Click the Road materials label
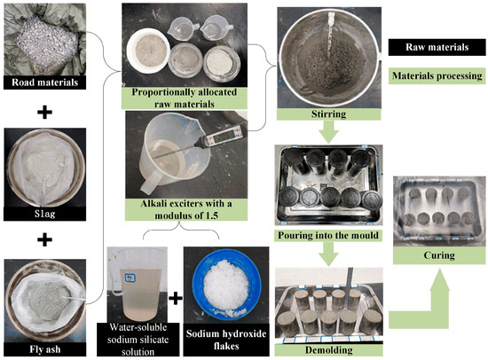coord(45,82)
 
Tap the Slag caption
coord(45,214)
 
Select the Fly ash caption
coord(45,349)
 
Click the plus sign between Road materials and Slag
coord(45,113)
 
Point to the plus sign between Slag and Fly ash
coord(45,240)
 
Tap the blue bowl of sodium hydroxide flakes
coord(226,285)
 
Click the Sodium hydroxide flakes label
coord(226,340)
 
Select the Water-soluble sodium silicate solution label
coord(138,340)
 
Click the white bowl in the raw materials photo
coord(148,51)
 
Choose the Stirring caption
coord(328,114)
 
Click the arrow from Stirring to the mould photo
coord(328,132)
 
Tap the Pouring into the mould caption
coord(328,235)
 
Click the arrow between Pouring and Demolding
coord(328,254)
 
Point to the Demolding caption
coord(328,350)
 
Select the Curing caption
coord(439,255)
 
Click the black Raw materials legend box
coord(437,47)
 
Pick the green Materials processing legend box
coord(437,76)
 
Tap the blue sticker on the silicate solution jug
coord(129,278)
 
